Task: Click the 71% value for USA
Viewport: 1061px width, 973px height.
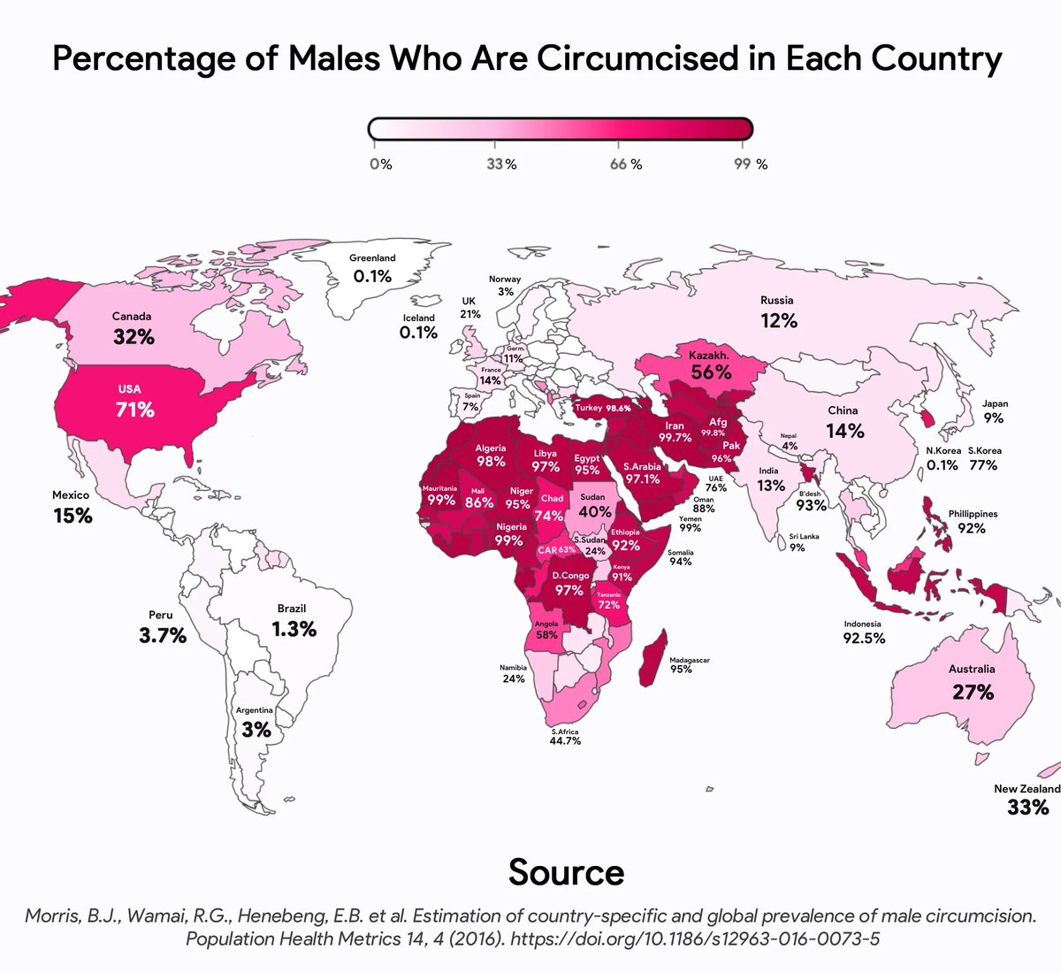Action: point(134,410)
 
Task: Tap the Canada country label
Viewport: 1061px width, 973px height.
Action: point(132,316)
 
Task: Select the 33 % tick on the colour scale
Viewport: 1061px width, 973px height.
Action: point(501,165)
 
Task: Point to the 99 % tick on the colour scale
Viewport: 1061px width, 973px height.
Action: point(750,165)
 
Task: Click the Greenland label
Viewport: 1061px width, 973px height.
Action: point(372,258)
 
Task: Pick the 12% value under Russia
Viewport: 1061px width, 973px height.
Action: point(778,321)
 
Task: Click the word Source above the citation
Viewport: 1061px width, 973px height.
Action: point(566,872)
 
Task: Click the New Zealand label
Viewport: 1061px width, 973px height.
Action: point(1027,788)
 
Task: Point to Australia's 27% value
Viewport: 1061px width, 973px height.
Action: point(973,692)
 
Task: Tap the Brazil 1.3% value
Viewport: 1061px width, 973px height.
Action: point(294,629)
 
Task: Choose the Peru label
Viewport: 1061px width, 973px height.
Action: point(161,615)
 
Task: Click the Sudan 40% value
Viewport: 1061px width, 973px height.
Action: point(595,512)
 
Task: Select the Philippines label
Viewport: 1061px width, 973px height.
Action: point(973,513)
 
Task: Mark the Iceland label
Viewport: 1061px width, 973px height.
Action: point(418,318)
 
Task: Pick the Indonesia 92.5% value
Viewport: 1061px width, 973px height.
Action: point(863,638)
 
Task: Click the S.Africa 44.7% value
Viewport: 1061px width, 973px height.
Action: point(565,741)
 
